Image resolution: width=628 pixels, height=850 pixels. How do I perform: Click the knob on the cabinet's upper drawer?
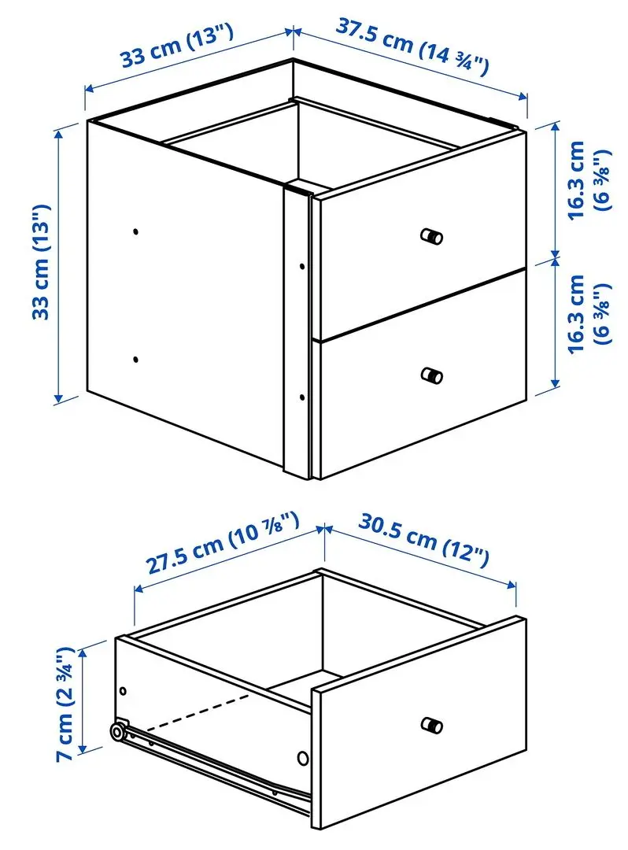[431, 236]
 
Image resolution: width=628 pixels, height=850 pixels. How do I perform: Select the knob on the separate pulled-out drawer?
[431, 725]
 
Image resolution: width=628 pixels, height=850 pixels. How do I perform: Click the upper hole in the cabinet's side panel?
[135, 232]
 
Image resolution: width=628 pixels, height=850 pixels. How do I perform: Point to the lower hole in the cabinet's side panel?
[135, 359]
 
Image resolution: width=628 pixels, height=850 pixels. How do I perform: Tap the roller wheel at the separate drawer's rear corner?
[117, 734]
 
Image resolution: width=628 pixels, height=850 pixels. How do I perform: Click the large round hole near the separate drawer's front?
[302, 759]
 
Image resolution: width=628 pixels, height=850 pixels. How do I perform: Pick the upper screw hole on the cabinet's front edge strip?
[301, 266]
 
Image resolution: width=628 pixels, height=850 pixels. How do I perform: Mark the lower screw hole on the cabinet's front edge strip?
[301, 398]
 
